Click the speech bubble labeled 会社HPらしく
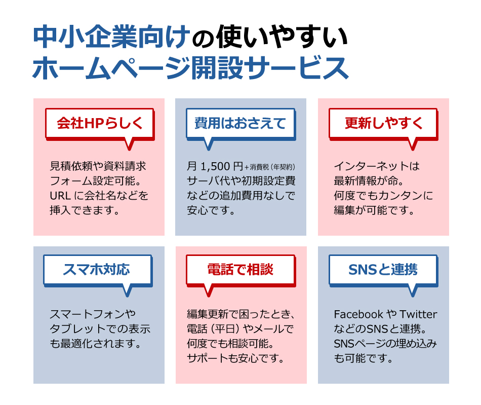pyautogui.click(x=100, y=124)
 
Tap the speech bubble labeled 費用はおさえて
pyautogui.click(x=241, y=124)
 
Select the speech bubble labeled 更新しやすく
pyautogui.click(x=383, y=124)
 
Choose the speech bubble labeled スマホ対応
pyautogui.click(x=98, y=271)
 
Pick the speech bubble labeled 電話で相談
pyautogui.click(x=241, y=271)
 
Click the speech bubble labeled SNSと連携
pyautogui.click(x=383, y=271)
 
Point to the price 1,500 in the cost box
pyautogui.click(x=215, y=166)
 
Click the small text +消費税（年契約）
pyautogui.click(x=270, y=167)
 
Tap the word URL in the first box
pyautogui.click(x=60, y=196)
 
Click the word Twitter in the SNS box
pyautogui.click(x=418, y=314)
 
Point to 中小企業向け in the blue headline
pyautogui.click(x=110, y=37)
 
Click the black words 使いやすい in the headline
pyautogui.click(x=282, y=37)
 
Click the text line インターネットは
pyautogui.click(x=377, y=166)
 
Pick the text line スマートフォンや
pyautogui.click(x=93, y=314)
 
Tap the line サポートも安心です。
pyautogui.click(x=235, y=358)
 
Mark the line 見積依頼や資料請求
pyautogui.click(x=98, y=166)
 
